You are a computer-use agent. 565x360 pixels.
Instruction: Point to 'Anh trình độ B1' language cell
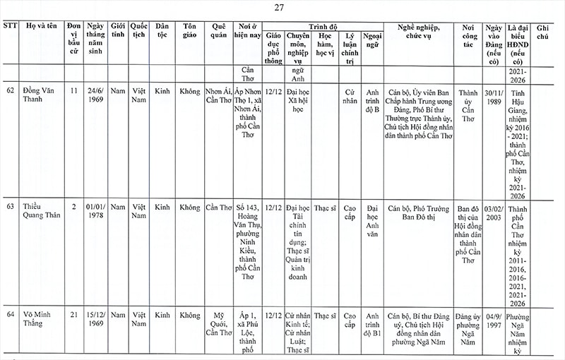click(x=373, y=324)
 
